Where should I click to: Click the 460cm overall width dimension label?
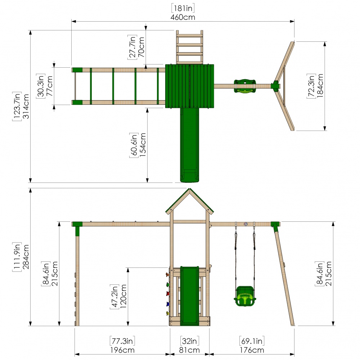point(183,17)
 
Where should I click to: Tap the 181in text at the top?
point(183,8)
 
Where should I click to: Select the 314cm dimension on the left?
point(26,106)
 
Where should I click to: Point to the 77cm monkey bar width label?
point(49,86)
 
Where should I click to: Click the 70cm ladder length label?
point(141,47)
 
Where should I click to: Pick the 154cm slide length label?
point(143,145)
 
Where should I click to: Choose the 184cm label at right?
point(320,86)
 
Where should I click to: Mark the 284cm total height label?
point(26,257)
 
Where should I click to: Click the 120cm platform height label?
point(123,296)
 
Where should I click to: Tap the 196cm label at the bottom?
point(122,350)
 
